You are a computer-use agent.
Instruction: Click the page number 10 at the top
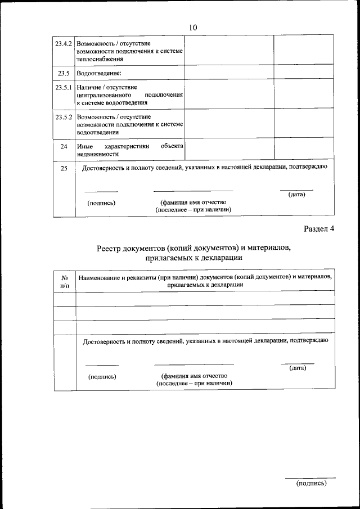pyautogui.click(x=193, y=28)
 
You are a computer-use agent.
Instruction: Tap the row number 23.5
pyautogui.click(x=64, y=73)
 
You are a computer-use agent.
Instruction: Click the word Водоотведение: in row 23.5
pyautogui.click(x=99, y=73)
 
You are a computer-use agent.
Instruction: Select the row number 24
pyautogui.click(x=64, y=146)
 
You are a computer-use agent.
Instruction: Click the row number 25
pyautogui.click(x=64, y=168)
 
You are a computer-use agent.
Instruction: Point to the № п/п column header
pyautogui.click(x=65, y=281)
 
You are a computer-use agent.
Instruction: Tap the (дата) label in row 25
pyautogui.click(x=296, y=195)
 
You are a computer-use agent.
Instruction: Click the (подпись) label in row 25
pyautogui.click(x=101, y=202)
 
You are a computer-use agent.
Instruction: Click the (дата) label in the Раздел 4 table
pyautogui.click(x=298, y=368)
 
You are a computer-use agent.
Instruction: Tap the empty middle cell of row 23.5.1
pyautogui.click(x=229, y=94)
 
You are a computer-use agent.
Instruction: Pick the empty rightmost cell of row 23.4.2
pyautogui.click(x=303, y=50)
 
